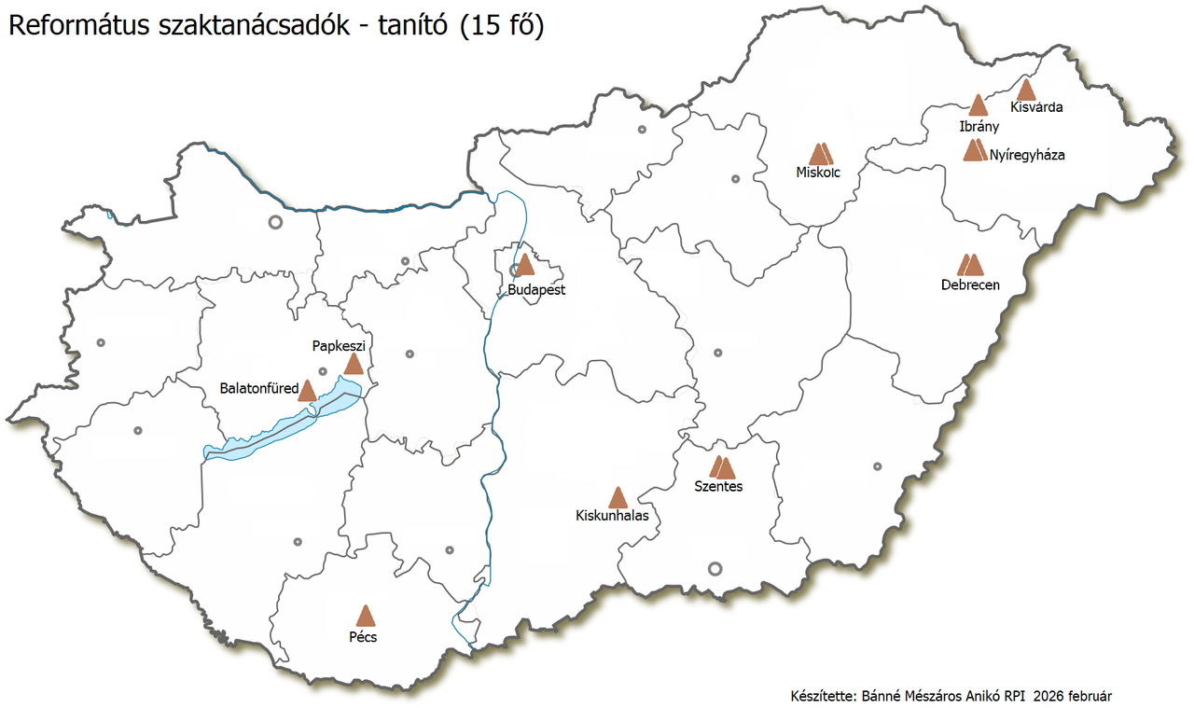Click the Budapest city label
536,290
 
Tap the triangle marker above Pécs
365,616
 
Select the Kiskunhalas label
612,515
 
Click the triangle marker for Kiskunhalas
617,498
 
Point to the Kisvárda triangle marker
1025,90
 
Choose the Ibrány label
979,126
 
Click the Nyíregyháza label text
1027,156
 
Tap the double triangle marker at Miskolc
820,155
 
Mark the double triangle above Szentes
722,467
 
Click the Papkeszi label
338,346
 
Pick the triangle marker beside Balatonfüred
307,391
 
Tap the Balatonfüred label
258,388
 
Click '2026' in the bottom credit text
1048,696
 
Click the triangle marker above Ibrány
978,105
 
